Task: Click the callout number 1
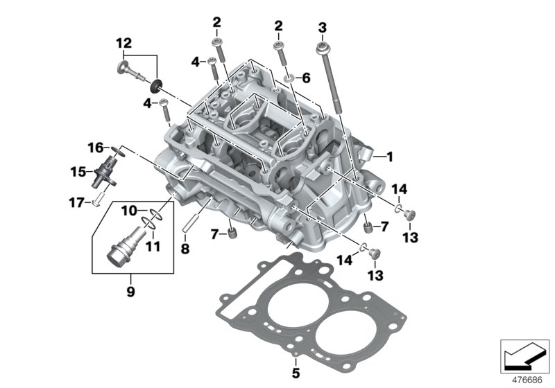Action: (389, 157)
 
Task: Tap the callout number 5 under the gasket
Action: (295, 374)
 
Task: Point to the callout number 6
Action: (306, 78)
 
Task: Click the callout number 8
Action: (185, 248)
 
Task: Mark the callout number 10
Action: (130, 210)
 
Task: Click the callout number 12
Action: (124, 42)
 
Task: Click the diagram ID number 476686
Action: (528, 379)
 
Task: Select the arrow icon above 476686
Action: (520, 358)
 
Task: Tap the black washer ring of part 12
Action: (156, 86)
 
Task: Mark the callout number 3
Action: (322, 27)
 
